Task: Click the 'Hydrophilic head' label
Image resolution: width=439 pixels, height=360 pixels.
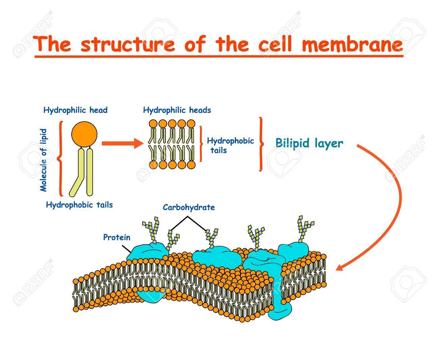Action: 75,110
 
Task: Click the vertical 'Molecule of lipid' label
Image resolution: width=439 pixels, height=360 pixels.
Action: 43,160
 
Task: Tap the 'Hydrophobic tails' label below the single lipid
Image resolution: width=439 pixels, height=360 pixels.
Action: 79,205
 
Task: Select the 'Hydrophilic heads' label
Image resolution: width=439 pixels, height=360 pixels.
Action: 177,110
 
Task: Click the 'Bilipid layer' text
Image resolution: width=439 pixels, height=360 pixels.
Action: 309,143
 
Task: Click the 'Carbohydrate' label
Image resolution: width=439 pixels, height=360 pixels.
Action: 189,207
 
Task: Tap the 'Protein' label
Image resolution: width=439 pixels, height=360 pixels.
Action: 117,237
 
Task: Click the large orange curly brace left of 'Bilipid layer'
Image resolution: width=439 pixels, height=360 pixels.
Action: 261,144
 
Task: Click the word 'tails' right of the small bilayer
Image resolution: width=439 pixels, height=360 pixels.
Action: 218,150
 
